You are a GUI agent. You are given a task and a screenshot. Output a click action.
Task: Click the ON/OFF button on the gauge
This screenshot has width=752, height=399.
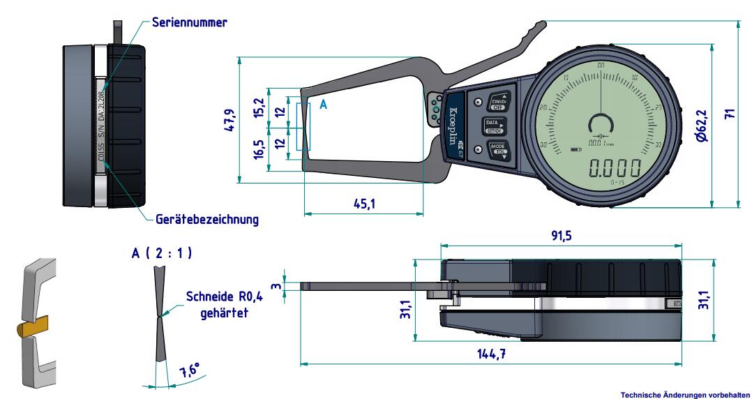click(x=498, y=102)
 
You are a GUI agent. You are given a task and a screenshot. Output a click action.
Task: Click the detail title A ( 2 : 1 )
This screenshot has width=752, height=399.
click(x=162, y=253)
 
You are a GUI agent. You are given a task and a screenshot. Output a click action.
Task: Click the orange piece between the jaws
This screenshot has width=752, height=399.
click(x=31, y=326)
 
